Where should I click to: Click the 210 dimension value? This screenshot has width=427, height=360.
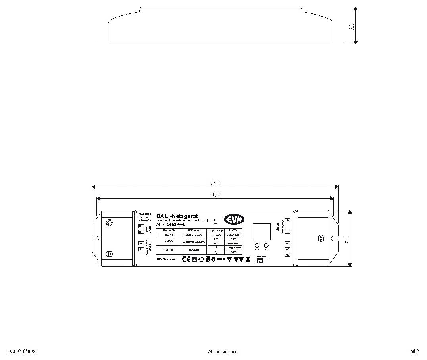click(215, 183)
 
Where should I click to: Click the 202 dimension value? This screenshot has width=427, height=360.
click(215, 195)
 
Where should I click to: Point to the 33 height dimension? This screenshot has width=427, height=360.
click(352, 27)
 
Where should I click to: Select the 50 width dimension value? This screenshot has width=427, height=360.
click(346, 239)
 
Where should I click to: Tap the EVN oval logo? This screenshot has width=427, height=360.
click(234, 219)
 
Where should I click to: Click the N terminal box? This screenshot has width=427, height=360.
click(141, 243)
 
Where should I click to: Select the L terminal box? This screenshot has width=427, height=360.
click(141, 249)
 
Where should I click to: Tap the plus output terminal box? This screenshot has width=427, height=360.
click(287, 220)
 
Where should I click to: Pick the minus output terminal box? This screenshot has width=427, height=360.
click(287, 232)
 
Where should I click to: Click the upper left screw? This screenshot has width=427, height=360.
click(110, 223)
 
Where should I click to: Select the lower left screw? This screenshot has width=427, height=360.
click(110, 254)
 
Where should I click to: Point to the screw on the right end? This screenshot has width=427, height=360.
click(321, 238)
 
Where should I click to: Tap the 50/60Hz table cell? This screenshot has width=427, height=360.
click(194, 250)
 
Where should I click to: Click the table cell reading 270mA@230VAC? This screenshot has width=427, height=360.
click(194, 241)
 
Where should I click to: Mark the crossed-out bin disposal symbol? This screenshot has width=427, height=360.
click(248, 259)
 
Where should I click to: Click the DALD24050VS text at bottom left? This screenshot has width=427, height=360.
click(22, 352)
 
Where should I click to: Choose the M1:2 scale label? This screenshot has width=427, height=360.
click(415, 352)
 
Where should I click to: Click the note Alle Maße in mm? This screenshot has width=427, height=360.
click(223, 352)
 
